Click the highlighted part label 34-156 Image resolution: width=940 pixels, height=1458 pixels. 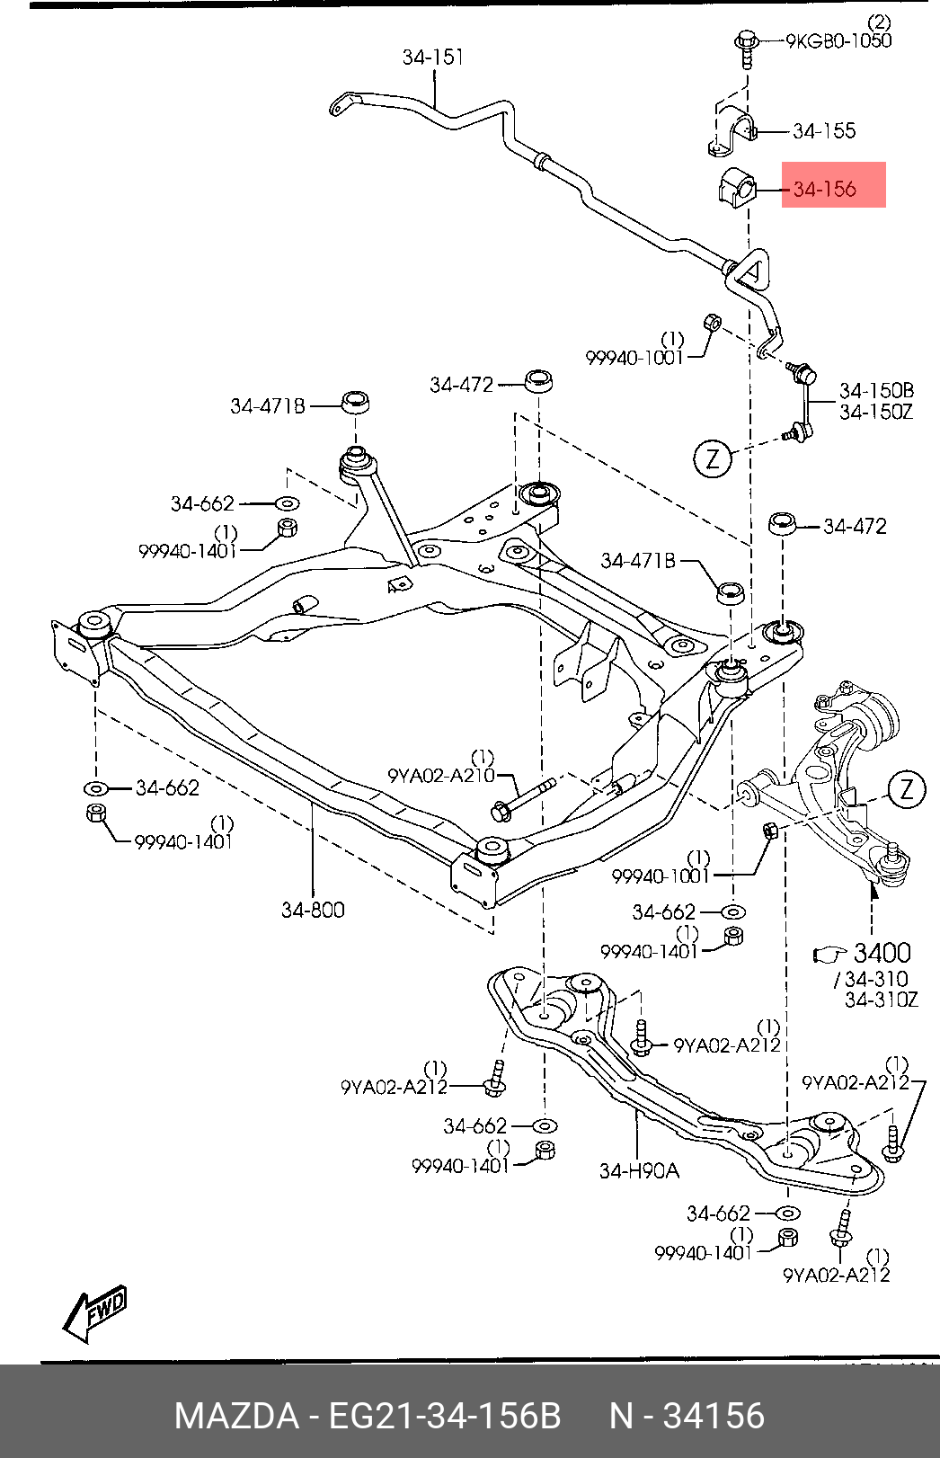pos(824,189)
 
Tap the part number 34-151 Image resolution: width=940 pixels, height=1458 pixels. pos(433,58)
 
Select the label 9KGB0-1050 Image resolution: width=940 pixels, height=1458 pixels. pos(838,41)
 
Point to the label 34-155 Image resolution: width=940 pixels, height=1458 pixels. pos(824,131)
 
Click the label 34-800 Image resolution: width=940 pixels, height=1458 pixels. pos(313,910)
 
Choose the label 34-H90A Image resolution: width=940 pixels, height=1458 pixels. pos(639,1171)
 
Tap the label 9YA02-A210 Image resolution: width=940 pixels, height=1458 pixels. pos(441,775)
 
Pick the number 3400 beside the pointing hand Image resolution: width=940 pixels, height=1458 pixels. pos(882,953)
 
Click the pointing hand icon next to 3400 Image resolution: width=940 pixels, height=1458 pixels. pos(830,955)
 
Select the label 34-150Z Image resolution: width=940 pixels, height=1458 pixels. pos(876,412)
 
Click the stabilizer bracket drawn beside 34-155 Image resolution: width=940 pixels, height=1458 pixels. pos(731,130)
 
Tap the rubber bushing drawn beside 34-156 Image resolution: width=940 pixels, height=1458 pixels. pos(736,188)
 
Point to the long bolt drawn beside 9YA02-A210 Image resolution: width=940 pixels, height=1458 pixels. pos(523,798)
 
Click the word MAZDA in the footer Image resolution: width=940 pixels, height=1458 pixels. pos(236,1417)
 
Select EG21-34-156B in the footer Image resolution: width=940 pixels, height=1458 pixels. pos(444,1417)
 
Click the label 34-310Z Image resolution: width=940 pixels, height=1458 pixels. pos(882,1000)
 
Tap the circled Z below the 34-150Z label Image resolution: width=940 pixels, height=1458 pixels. pos(713,459)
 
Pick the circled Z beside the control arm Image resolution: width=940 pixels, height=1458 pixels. pos(906,789)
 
